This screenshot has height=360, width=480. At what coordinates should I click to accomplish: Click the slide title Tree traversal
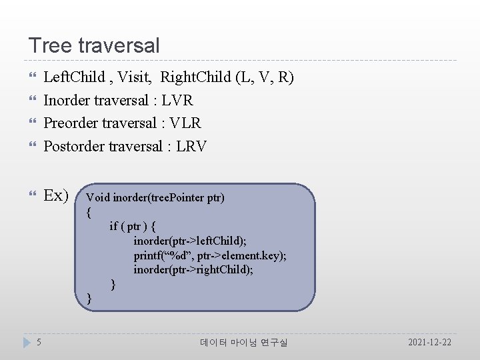(94, 46)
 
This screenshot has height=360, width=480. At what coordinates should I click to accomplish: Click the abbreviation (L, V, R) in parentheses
(265, 77)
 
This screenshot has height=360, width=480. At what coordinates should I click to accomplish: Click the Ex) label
(56, 195)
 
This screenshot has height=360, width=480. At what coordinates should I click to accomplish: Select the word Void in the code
(98, 198)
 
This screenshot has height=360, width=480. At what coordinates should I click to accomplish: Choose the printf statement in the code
(210, 255)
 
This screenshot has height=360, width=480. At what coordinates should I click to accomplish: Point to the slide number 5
(39, 342)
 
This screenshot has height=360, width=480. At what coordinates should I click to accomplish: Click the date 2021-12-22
(429, 342)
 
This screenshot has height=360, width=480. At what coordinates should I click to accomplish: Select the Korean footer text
(244, 343)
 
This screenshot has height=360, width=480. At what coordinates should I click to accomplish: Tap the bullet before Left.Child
(31, 78)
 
